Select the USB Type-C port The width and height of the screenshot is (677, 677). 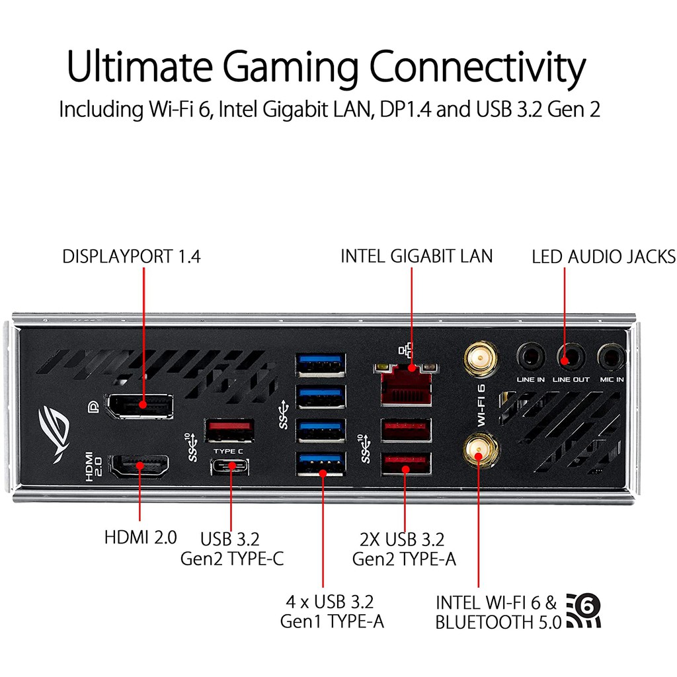click(230, 465)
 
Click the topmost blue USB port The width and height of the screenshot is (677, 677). click(321, 362)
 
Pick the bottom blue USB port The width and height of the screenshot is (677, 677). click(321, 463)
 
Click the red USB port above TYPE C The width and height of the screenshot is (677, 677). click(229, 430)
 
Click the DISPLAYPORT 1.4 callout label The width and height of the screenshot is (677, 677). click(131, 257)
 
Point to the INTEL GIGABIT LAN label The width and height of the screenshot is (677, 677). click(417, 256)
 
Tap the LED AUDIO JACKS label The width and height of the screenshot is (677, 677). click(603, 257)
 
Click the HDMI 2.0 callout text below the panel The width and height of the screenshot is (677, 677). click(140, 537)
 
